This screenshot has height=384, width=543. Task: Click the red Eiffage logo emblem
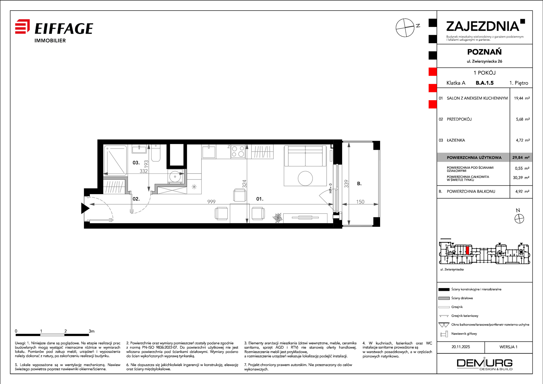pyautogui.click(x=22, y=26)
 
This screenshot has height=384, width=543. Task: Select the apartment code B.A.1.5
pyautogui.click(x=485, y=83)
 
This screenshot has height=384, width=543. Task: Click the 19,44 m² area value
pyautogui.click(x=522, y=98)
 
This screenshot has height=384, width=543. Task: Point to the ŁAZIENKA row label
pyautogui.click(x=456, y=140)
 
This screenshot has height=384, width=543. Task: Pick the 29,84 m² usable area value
pyautogui.click(x=521, y=158)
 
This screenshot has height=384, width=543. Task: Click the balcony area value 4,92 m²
pyautogui.click(x=522, y=191)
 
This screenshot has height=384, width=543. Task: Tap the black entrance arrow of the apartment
pyautogui.click(x=85, y=208)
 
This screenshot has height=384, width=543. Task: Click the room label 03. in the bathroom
pyautogui.click(x=136, y=163)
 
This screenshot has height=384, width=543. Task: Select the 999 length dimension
pyautogui.click(x=211, y=202)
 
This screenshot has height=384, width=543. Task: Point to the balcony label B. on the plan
pyautogui.click(x=359, y=184)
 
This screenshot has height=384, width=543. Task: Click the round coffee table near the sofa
pyautogui.click(x=305, y=178)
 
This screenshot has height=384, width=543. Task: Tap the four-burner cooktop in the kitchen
pyautogui.click(x=238, y=152)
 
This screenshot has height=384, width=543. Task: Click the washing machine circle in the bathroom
pyautogui.click(x=175, y=177)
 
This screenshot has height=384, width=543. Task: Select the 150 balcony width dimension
pyautogui.click(x=360, y=202)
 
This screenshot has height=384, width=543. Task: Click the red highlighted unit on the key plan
pyautogui.click(x=468, y=250)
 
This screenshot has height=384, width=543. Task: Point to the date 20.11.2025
pyautogui.click(x=461, y=347)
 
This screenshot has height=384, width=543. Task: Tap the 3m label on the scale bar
pyautogui.click(x=91, y=331)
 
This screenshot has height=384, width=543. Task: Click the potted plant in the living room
pyautogui.click(x=277, y=218)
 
